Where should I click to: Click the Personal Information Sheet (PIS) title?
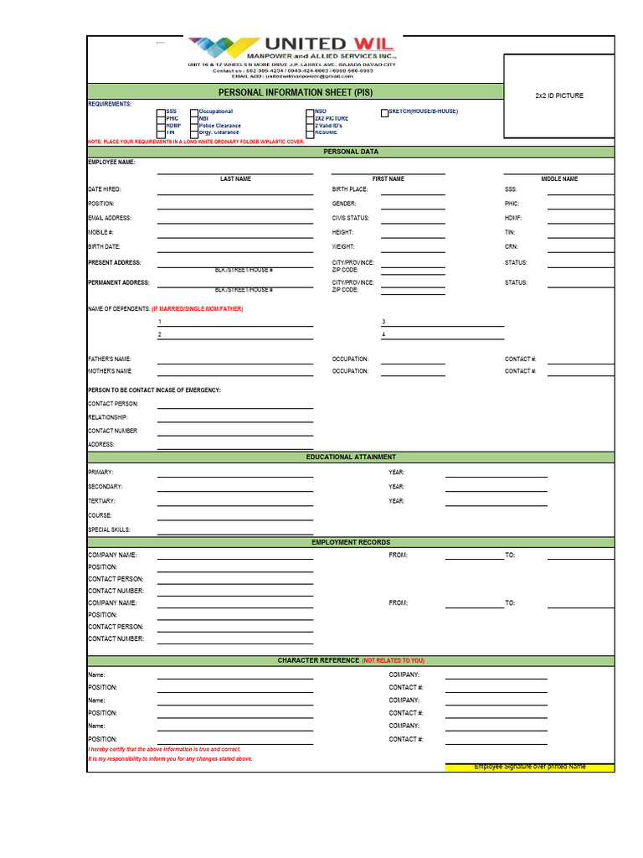pyautogui.click(x=295, y=92)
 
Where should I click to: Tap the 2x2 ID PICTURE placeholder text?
pyautogui.click(x=559, y=96)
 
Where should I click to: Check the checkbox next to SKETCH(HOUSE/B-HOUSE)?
pyautogui.click(x=385, y=113)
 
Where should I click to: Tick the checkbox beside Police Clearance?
pyautogui.click(x=194, y=126)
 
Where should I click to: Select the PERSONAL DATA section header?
pyautogui.click(x=350, y=152)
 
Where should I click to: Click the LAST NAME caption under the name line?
pyautogui.click(x=235, y=179)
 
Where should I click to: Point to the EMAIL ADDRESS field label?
pyautogui.click(x=110, y=218)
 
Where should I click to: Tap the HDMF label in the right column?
pyautogui.click(x=512, y=218)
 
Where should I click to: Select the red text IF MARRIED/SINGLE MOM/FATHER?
pyautogui.click(x=198, y=309)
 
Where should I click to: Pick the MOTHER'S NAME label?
pyautogui.click(x=110, y=371)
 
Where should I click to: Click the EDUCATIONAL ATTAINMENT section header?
pyautogui.click(x=350, y=457)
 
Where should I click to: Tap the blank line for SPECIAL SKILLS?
pyautogui.click(x=235, y=533)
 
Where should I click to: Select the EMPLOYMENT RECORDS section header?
pyautogui.click(x=350, y=543)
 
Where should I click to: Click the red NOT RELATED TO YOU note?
pyautogui.click(x=394, y=661)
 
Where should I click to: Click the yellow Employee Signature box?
pyautogui.click(x=529, y=768)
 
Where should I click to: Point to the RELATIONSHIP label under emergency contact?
pyautogui.click(x=108, y=417)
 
